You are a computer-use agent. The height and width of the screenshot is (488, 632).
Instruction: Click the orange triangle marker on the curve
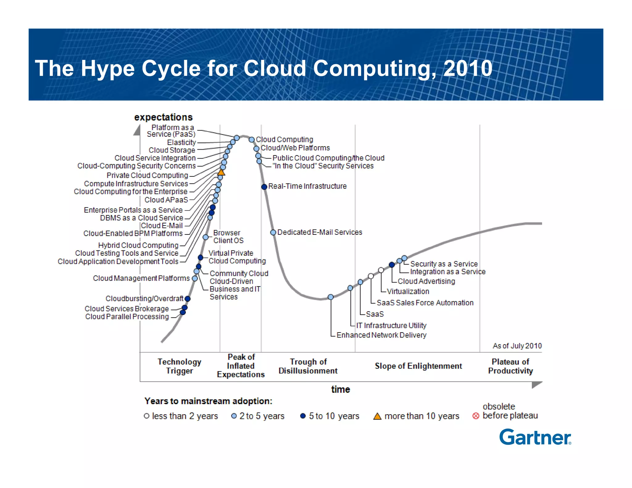pos(221,172)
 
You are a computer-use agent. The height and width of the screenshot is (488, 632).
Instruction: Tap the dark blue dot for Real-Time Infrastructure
pos(264,187)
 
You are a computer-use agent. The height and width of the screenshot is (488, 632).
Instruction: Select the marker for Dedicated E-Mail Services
pos(273,232)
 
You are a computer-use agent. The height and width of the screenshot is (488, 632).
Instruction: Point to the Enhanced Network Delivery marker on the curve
pos(331,297)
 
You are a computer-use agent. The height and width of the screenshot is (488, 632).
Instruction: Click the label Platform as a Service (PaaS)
pos(172,131)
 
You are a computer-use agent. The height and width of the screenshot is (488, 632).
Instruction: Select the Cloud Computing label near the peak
pos(284,139)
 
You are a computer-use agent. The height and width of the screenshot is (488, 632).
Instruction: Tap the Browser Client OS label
pos(228,237)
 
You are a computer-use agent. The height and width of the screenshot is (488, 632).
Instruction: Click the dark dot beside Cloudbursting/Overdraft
pos(187,299)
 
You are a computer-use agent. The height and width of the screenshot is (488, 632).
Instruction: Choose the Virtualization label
pos(408,292)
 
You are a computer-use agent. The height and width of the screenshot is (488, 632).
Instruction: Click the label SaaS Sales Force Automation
pos(425,303)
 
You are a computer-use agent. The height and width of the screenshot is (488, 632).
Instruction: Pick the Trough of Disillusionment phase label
pos(308,366)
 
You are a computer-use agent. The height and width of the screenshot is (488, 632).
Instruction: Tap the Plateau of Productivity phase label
pos(510,366)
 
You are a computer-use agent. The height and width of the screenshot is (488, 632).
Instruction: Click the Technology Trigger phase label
pos(179,366)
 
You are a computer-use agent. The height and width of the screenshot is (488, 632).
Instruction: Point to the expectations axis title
pos(163,117)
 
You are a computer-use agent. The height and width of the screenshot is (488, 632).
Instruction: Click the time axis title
pos(340,389)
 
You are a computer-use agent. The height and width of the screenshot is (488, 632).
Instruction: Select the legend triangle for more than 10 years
pos(377,416)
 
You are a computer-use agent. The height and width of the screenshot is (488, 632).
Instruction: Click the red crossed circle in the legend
pos(476,416)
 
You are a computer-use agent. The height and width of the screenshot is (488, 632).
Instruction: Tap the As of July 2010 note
pos(517,346)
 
